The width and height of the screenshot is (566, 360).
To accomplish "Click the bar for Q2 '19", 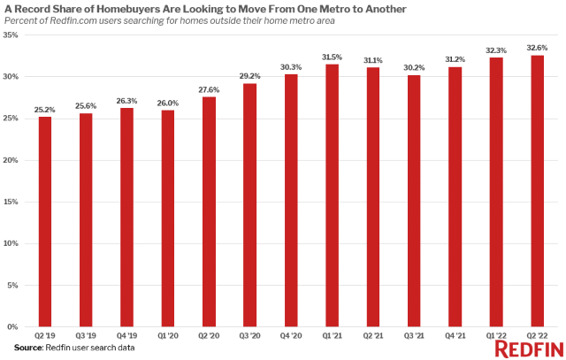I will point(45,221).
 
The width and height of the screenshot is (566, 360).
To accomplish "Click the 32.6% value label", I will point(537,48).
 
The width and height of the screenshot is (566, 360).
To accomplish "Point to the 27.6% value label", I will point(209,89).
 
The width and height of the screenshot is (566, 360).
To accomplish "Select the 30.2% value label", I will point(414,67).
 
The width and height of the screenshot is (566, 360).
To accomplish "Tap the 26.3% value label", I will point(126,100).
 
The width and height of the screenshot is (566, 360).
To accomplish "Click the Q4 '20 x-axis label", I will point(291,337).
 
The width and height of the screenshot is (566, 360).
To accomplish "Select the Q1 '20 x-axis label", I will point(168,337).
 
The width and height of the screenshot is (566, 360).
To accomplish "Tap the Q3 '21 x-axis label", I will point(414,337).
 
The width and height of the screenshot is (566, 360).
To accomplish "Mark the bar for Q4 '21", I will point(455,196).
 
